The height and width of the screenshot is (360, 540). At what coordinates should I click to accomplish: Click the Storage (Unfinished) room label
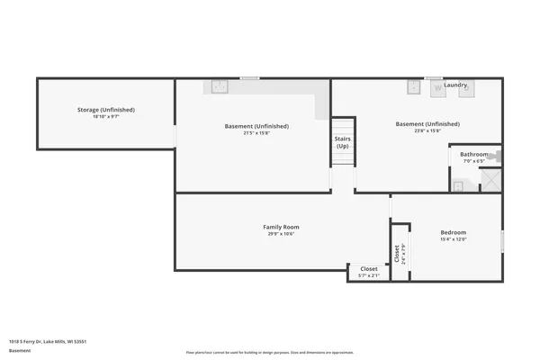coord(105,110)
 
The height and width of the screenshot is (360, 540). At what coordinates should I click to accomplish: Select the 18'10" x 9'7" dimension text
coord(105,117)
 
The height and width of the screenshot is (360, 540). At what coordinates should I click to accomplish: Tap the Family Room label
coord(281,227)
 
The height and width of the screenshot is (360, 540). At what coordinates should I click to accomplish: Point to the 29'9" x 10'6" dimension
coord(281,234)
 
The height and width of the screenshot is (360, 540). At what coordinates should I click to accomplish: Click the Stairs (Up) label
coord(342,142)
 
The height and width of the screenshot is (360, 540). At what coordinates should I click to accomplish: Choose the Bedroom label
coord(453,232)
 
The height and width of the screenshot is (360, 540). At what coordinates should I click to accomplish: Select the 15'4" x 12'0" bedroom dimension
coord(453,239)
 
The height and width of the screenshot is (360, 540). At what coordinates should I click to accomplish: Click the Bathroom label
coord(473,154)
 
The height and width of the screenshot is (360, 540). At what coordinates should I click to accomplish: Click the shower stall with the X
coord(492,181)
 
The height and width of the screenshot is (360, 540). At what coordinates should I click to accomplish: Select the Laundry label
coord(455,85)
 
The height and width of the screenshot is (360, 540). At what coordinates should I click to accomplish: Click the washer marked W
coord(438,88)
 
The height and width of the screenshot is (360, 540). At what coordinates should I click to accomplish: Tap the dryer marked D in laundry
coord(467,89)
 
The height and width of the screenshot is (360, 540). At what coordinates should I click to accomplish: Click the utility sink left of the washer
coord(412,87)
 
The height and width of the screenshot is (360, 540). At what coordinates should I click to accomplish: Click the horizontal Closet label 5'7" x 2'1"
coord(369,268)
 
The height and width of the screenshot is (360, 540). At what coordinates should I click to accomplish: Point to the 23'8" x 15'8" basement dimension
coord(427,131)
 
